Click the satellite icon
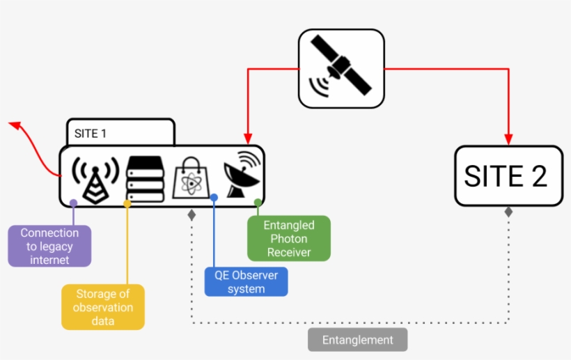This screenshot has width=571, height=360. pos(341,68)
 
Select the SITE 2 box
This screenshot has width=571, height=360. pos(508,175)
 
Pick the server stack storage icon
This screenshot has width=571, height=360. pos(145,179)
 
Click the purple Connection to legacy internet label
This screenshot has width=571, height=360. pos(49,246)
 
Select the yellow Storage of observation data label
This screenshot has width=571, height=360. pos(104,306)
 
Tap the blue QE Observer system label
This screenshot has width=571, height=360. pos(246,281)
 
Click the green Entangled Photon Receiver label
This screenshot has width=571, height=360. pos(289,239)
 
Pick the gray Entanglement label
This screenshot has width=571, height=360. pos(357,340)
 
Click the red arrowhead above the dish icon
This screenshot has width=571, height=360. pos(246,139)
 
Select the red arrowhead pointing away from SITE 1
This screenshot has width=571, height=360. pos(15,125)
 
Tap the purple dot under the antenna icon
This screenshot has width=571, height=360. pos(73,203)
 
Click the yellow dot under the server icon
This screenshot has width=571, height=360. pos(127,203)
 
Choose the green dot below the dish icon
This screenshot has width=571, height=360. pos(258,203)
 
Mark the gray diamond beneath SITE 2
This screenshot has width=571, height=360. pos(508,212)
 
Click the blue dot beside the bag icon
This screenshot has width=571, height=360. pos(214,198)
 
